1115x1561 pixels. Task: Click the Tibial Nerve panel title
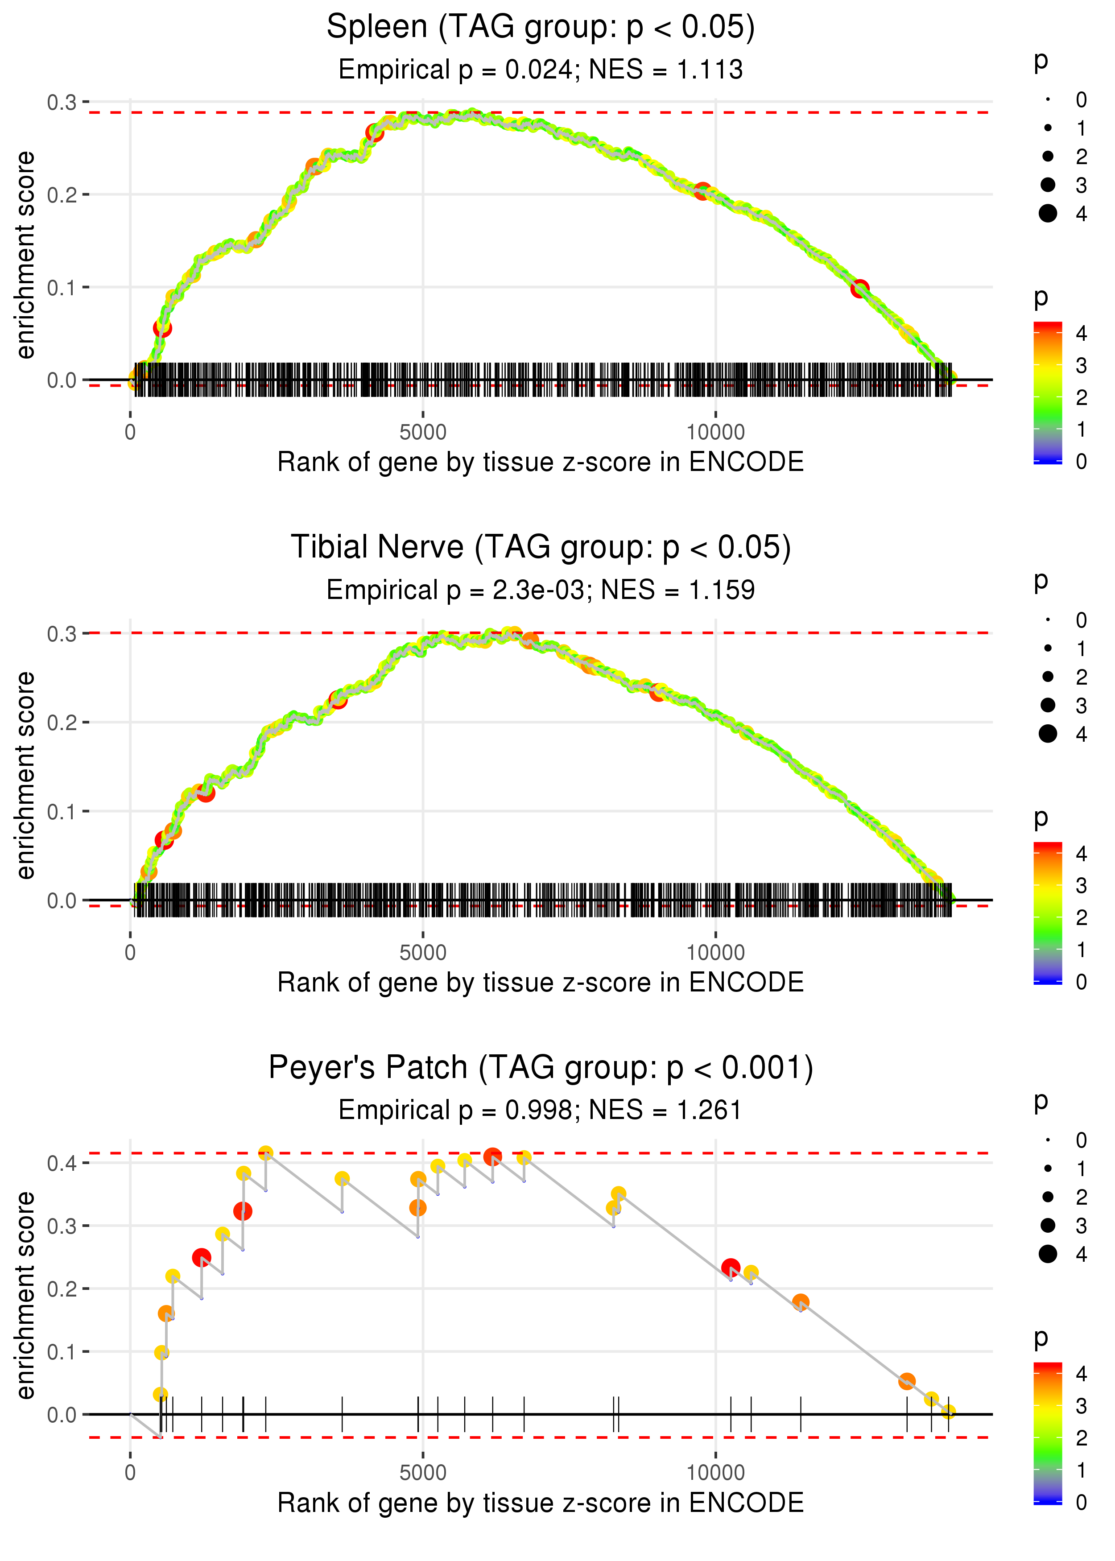[x=541, y=548]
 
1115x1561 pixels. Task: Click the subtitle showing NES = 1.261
[x=541, y=1111]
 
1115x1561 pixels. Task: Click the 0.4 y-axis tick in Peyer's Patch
[x=62, y=1163]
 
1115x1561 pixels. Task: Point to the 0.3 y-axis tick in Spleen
[x=62, y=102]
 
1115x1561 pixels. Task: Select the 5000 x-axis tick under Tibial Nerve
[x=423, y=953]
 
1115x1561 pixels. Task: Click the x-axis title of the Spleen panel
[x=541, y=462]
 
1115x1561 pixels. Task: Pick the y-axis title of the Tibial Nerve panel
[x=25, y=776]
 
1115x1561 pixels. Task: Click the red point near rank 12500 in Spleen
[x=859, y=289]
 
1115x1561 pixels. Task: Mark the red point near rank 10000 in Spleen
[x=702, y=191]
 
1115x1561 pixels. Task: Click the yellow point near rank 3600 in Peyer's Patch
[x=342, y=1179]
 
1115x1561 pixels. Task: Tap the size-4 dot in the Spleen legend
[x=1048, y=214]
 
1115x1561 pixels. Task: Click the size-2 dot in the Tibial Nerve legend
[x=1048, y=677]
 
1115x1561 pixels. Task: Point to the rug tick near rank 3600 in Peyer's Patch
[x=342, y=1414]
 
